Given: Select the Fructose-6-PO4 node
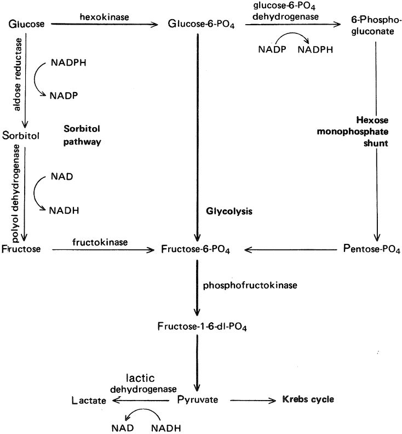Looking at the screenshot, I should tap(196, 250).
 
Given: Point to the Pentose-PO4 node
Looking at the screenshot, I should tap(368, 250).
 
